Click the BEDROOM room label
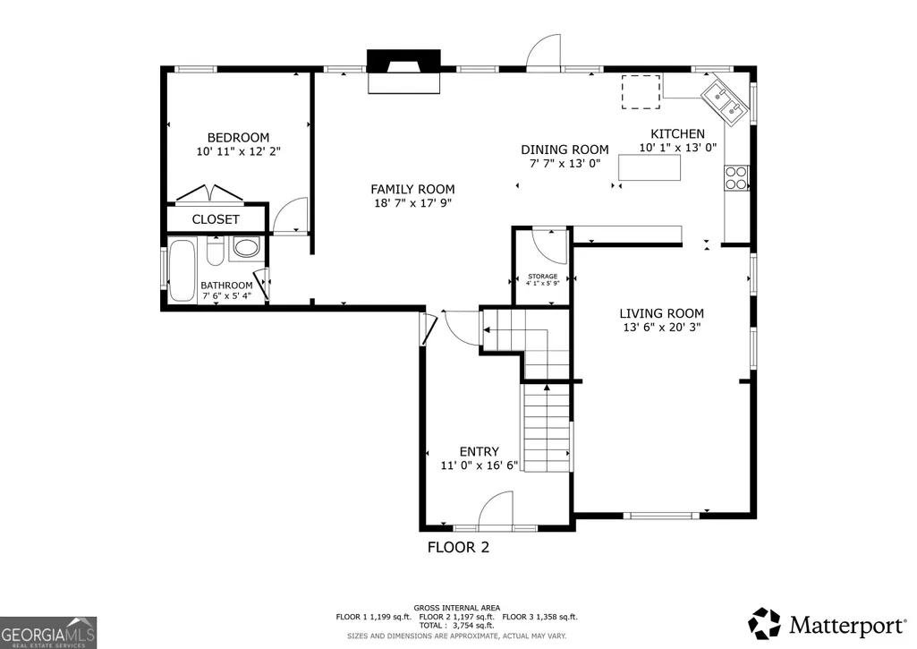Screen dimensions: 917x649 238,138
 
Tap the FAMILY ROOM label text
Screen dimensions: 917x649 412,189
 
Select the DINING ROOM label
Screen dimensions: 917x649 565,149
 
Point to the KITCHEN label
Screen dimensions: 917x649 678,133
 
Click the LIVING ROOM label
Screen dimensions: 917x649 661,313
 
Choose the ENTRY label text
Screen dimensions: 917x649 479,452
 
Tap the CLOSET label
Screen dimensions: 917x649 216,219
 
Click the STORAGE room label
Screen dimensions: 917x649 543,277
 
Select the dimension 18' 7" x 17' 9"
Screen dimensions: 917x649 413,203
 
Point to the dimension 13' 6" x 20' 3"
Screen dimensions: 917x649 661,328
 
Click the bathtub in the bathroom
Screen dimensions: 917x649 182,269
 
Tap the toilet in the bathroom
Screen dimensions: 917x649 215,251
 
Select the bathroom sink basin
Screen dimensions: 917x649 246,247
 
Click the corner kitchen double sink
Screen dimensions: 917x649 725,98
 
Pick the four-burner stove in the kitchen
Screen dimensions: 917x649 736,178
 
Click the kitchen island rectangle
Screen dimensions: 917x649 650,167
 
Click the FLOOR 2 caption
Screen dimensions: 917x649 458,547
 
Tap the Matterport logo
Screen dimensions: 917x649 827,624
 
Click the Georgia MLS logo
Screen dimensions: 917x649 48,633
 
